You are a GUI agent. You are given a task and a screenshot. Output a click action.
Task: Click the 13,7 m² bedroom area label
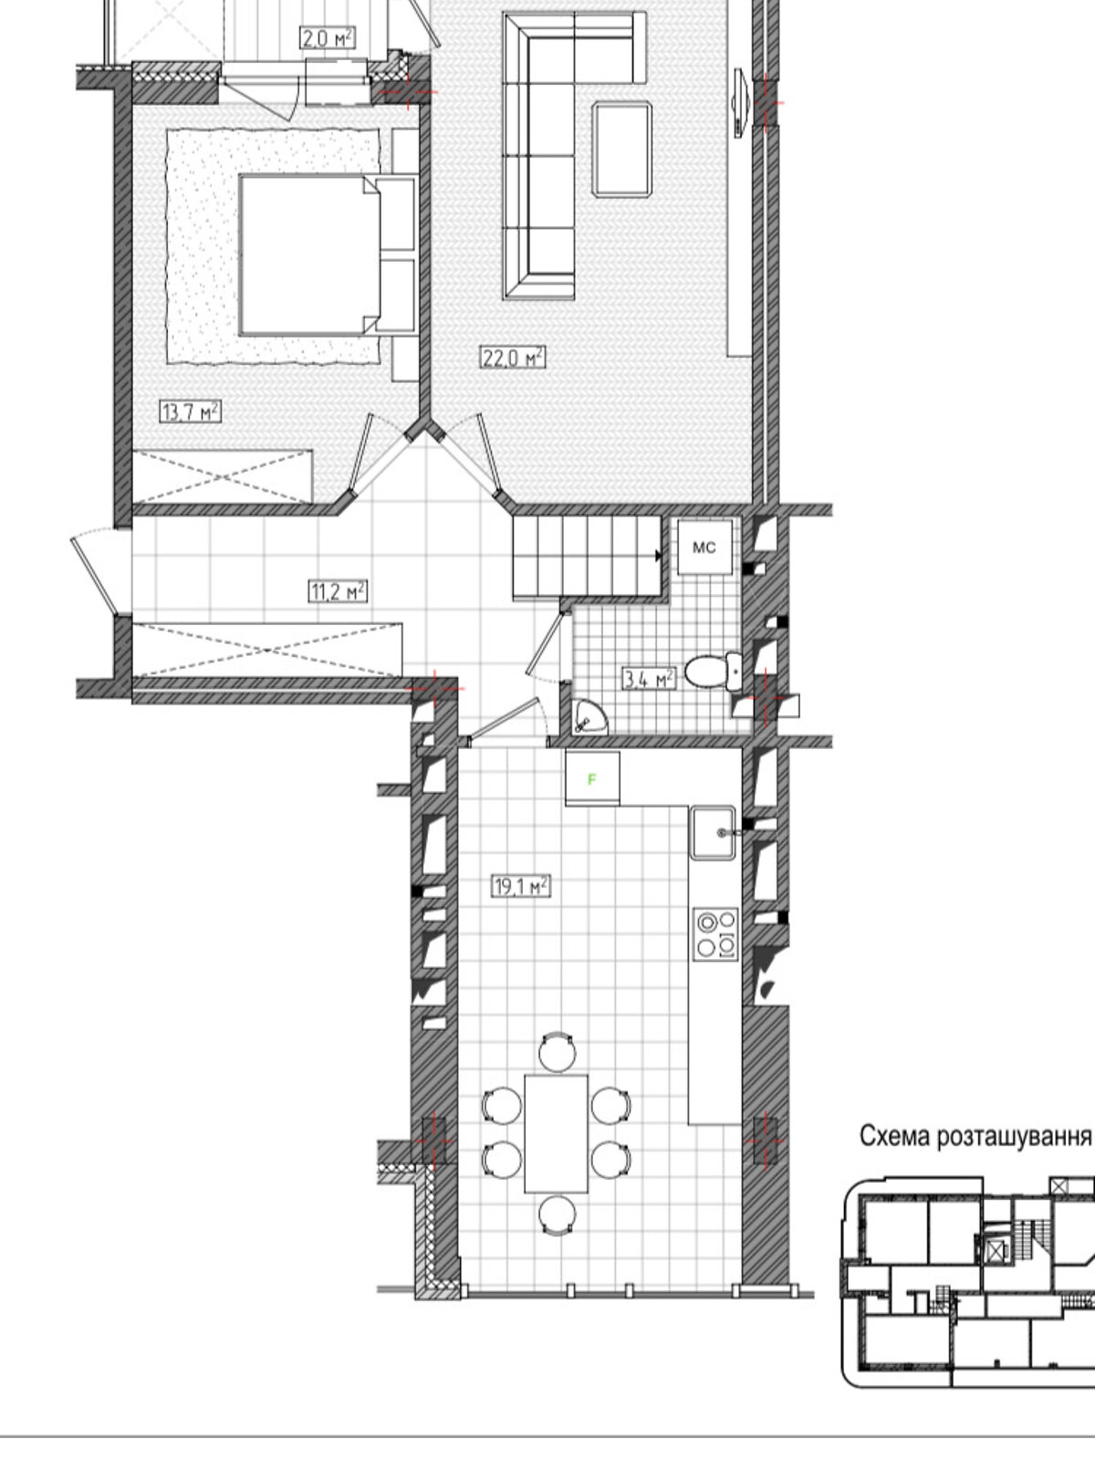190,412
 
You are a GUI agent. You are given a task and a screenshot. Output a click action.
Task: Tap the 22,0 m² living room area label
513,357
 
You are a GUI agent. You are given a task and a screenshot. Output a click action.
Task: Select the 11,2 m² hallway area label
338,590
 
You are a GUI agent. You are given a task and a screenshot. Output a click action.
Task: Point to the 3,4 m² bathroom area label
648,679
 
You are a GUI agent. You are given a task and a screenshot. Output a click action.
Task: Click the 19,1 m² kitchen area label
520,886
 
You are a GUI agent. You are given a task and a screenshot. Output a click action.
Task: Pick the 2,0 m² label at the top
327,38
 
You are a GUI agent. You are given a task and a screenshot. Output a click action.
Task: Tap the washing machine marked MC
704,547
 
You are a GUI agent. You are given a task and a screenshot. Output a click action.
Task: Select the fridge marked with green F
592,779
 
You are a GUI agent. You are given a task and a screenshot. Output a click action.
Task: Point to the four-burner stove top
716,933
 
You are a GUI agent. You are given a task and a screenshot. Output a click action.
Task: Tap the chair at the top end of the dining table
558,1051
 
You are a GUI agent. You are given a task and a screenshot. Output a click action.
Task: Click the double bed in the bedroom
327,255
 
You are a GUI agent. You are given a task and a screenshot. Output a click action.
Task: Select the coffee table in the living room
622,149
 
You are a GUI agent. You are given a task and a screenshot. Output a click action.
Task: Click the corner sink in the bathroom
589,716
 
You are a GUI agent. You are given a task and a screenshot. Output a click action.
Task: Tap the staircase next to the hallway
588,556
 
